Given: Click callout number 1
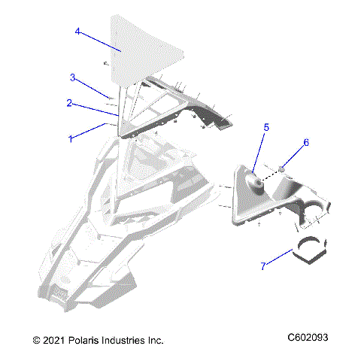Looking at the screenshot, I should point(71,139).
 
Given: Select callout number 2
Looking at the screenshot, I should point(68,103).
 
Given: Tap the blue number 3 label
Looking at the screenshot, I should point(72,77).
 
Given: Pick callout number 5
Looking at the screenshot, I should point(265,128).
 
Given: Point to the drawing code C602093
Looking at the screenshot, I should point(307,339).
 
